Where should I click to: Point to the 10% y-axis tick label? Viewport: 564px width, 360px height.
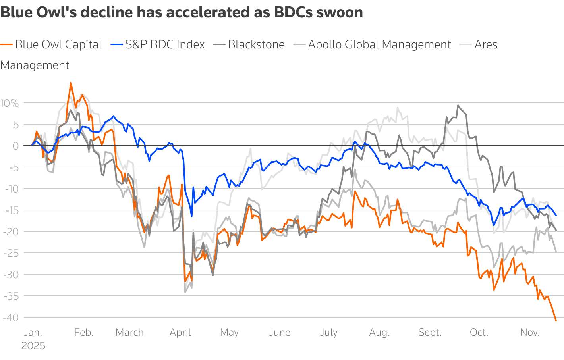pos(10,104)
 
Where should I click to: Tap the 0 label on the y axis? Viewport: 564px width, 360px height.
pos(15,146)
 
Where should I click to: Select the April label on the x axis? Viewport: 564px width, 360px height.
pos(180,333)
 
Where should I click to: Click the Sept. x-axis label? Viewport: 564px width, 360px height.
pos(430,333)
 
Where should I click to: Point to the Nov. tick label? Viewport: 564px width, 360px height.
pos(529,333)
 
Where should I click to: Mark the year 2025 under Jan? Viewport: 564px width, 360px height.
pos(33,346)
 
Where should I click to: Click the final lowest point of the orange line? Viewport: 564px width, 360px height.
pos(556,320)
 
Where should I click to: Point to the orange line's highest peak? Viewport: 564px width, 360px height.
pos(71,83)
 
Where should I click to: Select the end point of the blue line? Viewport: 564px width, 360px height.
pos(556,215)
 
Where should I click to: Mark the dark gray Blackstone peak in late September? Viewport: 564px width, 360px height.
pos(458,106)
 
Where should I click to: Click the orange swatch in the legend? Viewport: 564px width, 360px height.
pos(6,45)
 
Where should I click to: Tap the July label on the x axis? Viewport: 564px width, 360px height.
pos(329,333)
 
